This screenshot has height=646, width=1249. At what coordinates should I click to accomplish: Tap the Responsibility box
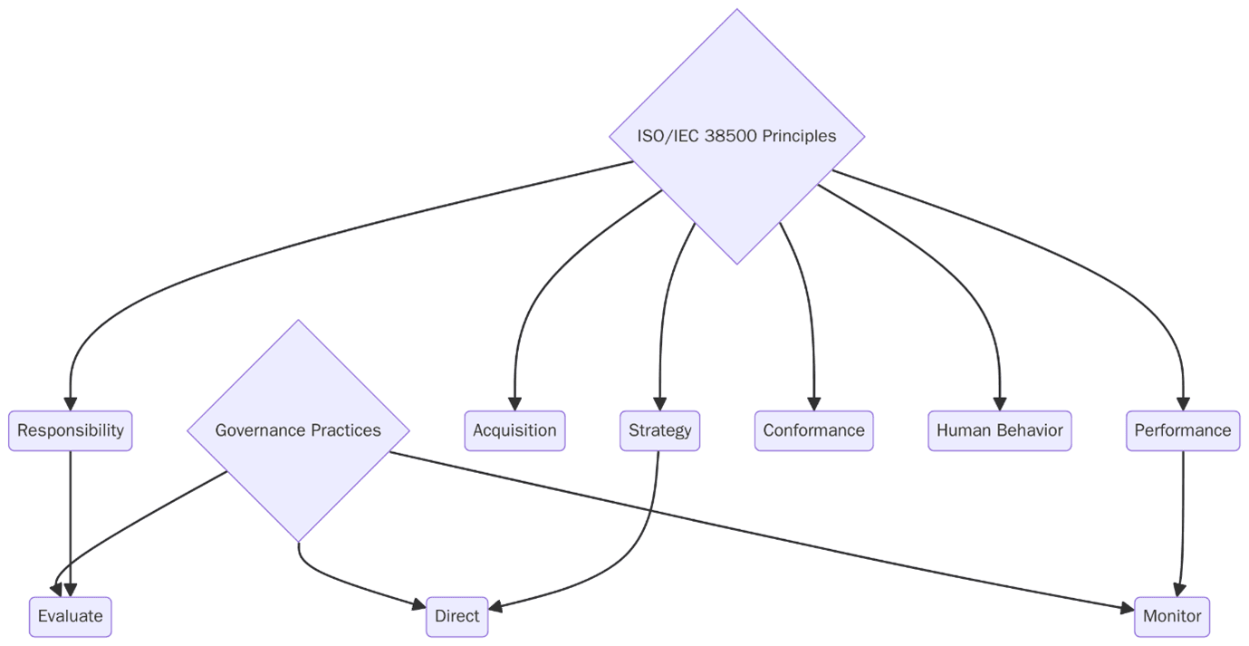pos(71,430)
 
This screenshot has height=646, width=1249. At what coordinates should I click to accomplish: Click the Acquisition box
pos(514,430)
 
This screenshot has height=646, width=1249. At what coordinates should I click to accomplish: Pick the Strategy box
pos(659,430)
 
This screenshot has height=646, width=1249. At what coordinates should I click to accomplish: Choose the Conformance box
pos(813,430)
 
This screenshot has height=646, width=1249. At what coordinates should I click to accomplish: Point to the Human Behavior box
pos(999,430)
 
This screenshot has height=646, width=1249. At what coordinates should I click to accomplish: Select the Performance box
pos(1182,430)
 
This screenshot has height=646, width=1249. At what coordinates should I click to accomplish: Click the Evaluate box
pos(71,617)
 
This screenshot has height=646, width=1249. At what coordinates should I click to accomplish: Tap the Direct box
pos(456,617)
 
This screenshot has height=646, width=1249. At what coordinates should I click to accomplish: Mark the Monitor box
pos(1171,617)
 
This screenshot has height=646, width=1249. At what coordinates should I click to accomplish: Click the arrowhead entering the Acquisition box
pos(514,404)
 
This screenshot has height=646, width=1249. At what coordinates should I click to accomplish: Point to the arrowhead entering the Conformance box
pos(813,404)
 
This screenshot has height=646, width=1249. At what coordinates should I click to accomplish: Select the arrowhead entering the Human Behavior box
pos(999,404)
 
